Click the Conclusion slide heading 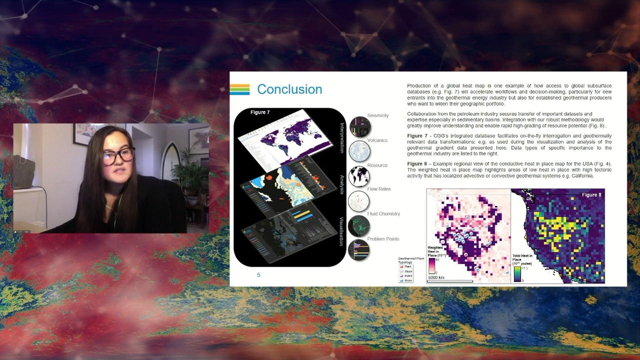(x=289, y=89)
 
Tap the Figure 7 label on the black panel (x=260, y=112)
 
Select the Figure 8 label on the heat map (x=591, y=195)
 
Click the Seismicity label (x=378, y=115)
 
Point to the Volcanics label (x=377, y=140)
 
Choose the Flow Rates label (x=379, y=189)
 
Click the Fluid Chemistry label (x=383, y=214)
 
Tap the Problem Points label (x=383, y=239)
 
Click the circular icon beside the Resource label (x=359, y=176)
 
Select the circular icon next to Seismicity (x=360, y=127)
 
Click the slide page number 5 (x=259, y=275)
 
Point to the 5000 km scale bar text (x=436, y=277)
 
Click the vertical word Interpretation (x=342, y=138)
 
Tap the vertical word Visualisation (x=341, y=231)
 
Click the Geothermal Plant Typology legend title (x=411, y=260)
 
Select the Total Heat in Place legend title (x=522, y=259)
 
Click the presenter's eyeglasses (x=119, y=155)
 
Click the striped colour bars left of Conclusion (x=240, y=89)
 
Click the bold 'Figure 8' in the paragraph (x=417, y=164)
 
